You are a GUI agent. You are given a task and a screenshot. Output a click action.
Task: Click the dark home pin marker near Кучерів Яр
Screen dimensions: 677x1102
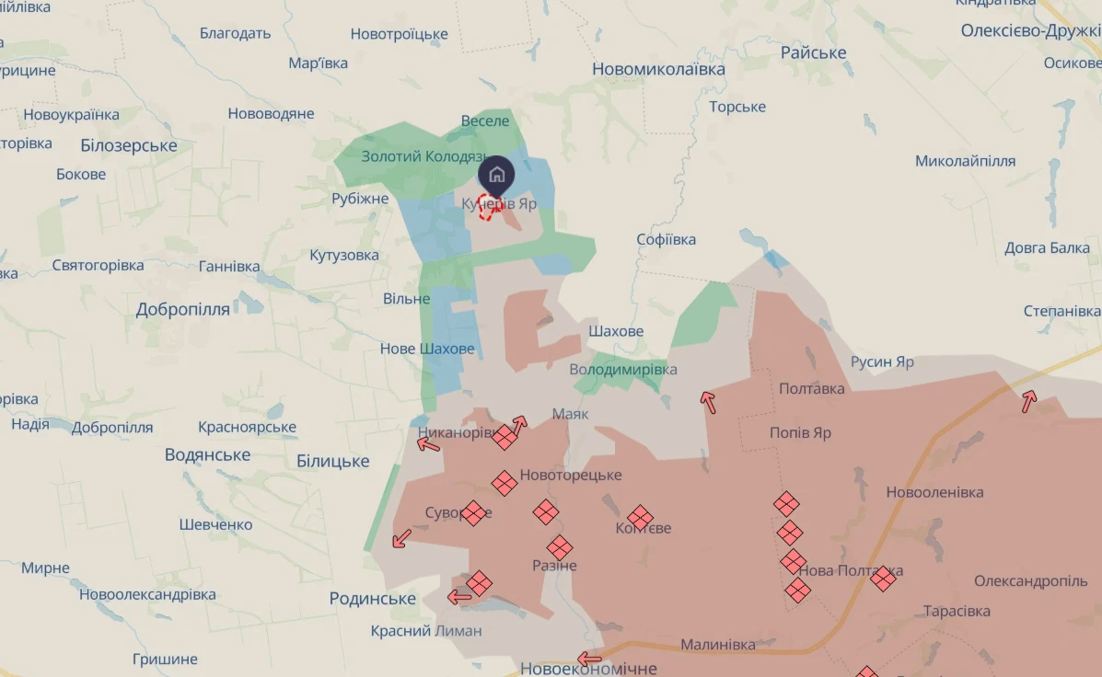[496, 174]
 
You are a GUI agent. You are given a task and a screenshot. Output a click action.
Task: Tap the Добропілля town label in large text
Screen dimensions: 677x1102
[182, 309]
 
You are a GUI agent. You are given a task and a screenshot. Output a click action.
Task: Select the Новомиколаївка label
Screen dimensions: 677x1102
[658, 69]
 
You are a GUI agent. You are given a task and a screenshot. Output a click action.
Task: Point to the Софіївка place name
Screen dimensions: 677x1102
[666, 239]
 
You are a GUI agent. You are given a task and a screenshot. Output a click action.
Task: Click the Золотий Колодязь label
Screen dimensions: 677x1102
[423, 156]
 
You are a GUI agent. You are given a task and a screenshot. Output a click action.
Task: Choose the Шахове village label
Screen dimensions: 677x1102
[616, 331]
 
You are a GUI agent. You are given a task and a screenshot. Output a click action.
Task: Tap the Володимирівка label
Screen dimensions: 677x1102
[623, 369]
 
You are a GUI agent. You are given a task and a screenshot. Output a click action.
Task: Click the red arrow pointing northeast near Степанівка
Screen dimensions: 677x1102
[1028, 400]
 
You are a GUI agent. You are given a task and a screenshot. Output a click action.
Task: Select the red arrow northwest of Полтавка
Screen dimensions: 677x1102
[707, 401]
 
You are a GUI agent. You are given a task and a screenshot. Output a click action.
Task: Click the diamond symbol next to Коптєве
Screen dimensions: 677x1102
[641, 517]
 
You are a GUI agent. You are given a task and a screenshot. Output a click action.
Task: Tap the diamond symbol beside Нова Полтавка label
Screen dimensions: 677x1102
[883, 578]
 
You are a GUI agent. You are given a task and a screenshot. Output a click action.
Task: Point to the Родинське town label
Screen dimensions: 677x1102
[373, 599]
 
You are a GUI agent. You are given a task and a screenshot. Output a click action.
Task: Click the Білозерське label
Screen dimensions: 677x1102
[129, 145]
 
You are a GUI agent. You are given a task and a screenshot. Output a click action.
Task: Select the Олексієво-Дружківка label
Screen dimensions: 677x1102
[1029, 30]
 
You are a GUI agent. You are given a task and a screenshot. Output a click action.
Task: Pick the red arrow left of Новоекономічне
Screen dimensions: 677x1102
[589, 659]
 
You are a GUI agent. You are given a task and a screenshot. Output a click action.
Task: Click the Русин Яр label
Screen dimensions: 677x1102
[882, 361]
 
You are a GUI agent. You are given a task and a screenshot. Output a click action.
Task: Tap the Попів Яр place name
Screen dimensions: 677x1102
[800, 432]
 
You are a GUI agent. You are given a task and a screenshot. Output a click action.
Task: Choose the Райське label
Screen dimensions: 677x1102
[813, 52]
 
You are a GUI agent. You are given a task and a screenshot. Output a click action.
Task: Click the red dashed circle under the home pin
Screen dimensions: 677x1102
[489, 206]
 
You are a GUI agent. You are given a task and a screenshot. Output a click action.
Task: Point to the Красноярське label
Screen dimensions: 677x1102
[247, 427]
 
